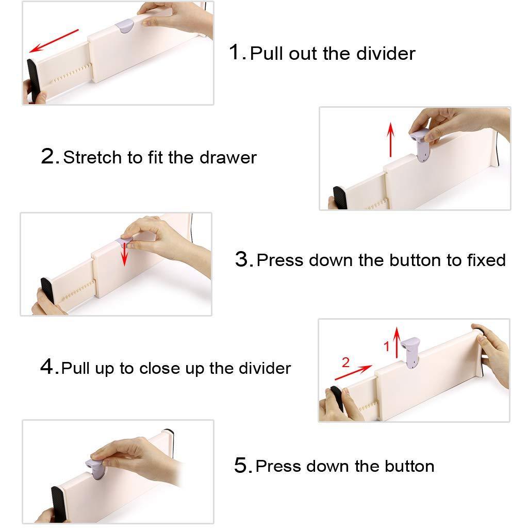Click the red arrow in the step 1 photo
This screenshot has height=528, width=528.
pos(54,41)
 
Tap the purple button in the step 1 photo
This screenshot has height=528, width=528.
pos(125,26)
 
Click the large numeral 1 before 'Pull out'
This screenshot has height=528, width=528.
pos(235,52)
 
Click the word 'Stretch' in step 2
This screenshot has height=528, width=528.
pos(92,157)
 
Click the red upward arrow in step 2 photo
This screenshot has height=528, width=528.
pos(391,140)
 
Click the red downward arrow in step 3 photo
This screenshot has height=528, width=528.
pos(125,254)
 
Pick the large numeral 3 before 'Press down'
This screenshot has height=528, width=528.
pos(242,259)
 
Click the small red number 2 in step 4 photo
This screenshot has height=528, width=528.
pos(345,362)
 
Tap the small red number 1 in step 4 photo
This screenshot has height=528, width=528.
pos(387,346)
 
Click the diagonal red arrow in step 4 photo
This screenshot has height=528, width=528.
pos(354,372)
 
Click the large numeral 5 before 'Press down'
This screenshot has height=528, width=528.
pos(241,465)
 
